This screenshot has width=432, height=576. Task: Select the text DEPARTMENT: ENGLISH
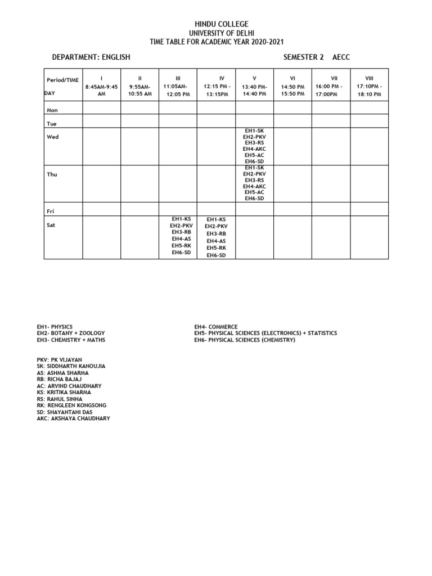(x=91, y=57)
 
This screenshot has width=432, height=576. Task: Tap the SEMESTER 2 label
(x=300, y=57)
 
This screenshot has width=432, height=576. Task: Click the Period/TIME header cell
(x=63, y=80)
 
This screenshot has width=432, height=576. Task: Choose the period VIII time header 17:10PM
(x=369, y=86)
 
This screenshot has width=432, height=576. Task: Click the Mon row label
(x=52, y=110)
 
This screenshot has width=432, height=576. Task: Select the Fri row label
(x=51, y=211)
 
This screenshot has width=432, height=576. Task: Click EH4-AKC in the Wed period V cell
(x=254, y=148)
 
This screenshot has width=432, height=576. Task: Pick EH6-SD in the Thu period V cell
(x=254, y=199)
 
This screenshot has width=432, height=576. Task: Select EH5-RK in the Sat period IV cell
(x=216, y=247)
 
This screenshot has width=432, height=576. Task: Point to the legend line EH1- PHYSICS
(x=55, y=327)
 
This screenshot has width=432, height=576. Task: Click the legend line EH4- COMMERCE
(x=216, y=327)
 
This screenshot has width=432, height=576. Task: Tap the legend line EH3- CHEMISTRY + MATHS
(x=71, y=340)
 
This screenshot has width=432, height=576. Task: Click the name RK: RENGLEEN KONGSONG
(x=71, y=406)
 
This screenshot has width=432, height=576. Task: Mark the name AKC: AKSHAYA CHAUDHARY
(x=74, y=418)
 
